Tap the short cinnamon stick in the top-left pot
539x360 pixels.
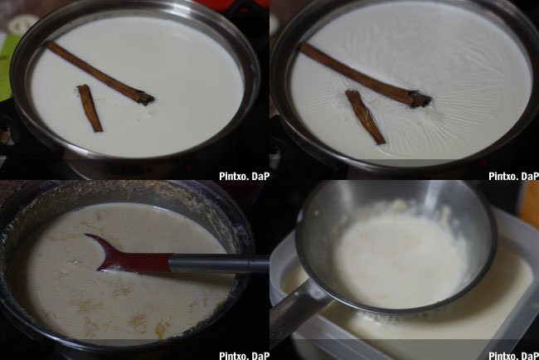[90, 108]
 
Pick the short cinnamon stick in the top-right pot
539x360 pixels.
[365, 117]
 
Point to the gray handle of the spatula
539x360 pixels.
[220, 264]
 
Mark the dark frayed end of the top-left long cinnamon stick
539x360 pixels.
[144, 98]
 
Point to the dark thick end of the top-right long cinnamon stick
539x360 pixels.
[420, 100]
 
